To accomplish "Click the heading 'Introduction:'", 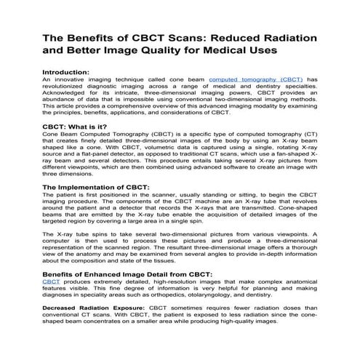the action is coord(66,72).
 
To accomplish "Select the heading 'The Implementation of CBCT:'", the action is coord(97,188).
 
